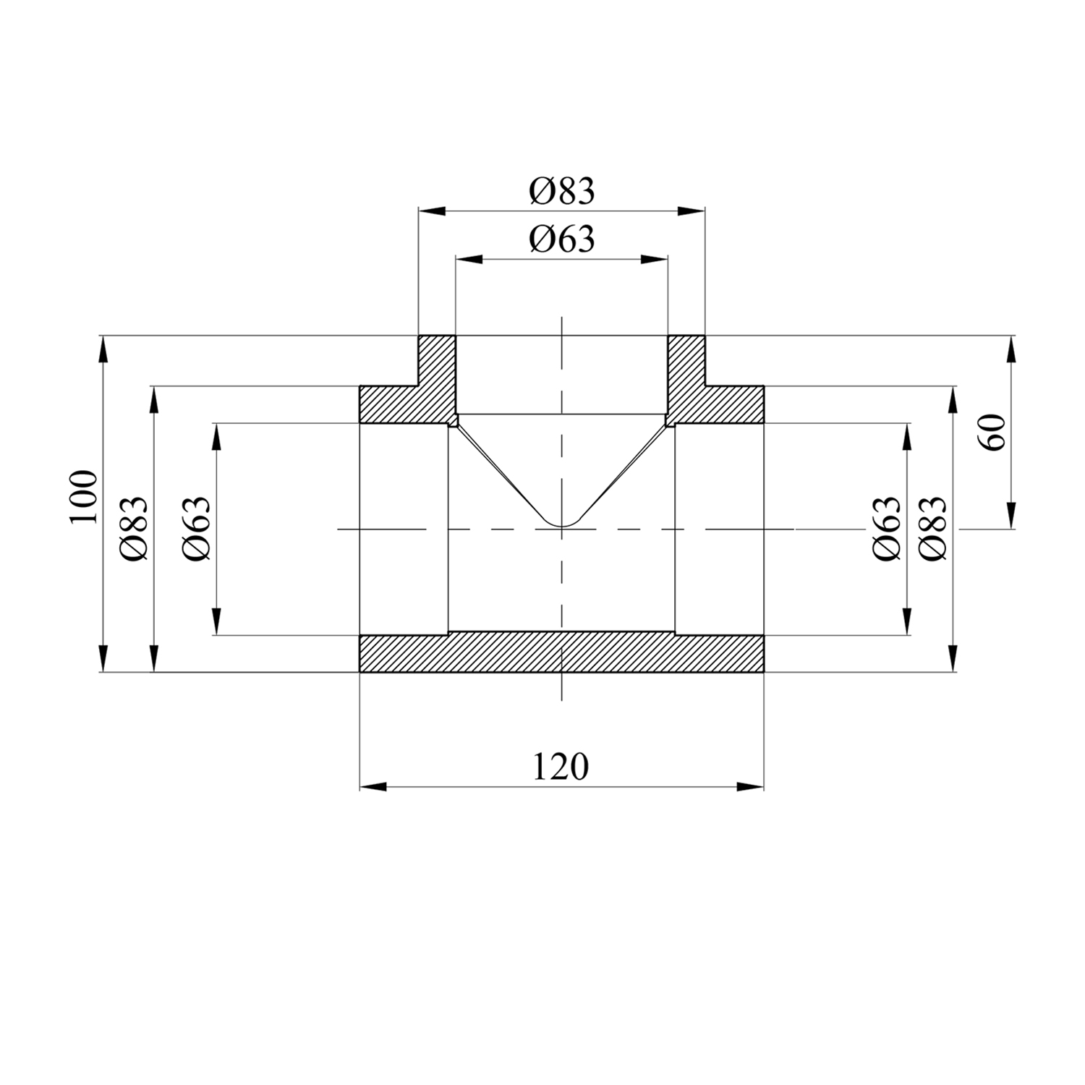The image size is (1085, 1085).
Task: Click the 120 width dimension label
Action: [561, 767]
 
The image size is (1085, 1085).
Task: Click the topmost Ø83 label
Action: [561, 192]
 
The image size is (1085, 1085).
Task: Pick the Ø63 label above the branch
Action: [561, 239]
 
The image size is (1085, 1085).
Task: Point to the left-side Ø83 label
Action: [135, 529]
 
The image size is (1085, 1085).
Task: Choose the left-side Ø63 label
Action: [197, 529]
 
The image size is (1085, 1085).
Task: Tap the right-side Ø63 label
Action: [887, 529]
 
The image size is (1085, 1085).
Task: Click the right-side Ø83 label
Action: [933, 529]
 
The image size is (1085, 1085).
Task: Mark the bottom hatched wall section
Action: [561, 652]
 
